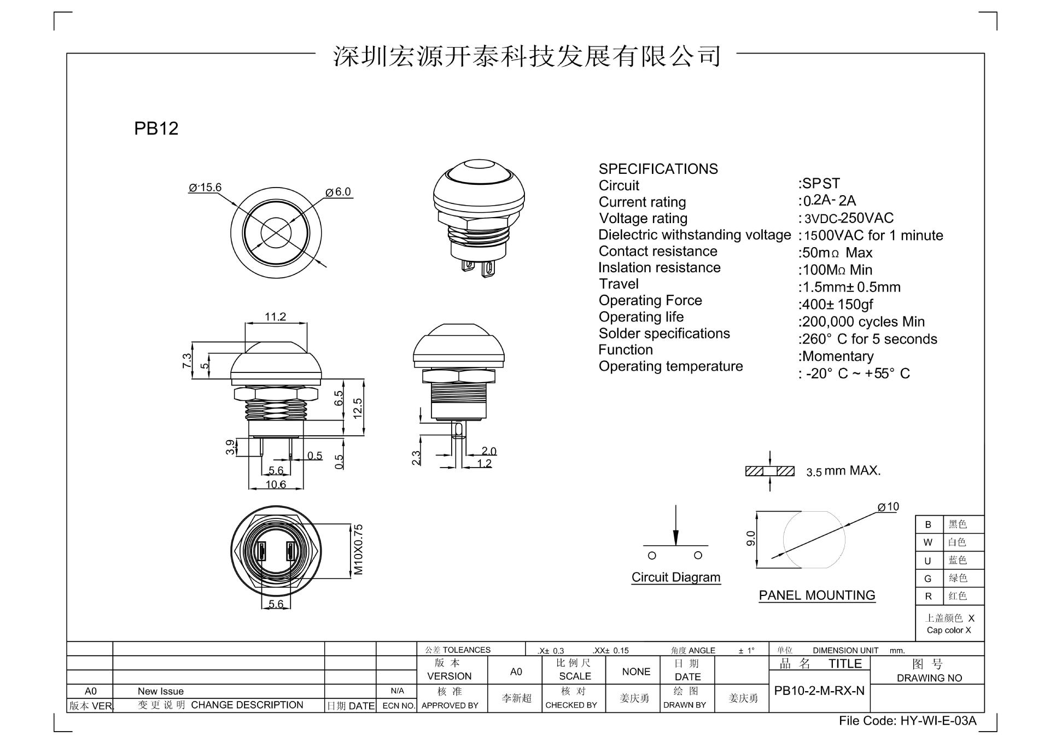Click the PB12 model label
click(156, 128)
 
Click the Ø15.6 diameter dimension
click(205, 188)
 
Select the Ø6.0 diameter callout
click(338, 192)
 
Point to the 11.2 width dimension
click(275, 317)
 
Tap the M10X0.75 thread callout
click(358, 550)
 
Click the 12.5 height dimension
click(357, 408)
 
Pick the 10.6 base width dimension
click(276, 484)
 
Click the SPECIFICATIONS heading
click(658, 169)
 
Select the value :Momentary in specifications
click(837, 357)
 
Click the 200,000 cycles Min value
click(862, 322)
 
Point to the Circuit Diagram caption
click(675, 577)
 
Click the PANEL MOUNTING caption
click(816, 595)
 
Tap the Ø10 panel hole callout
click(888, 507)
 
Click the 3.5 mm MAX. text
click(843, 471)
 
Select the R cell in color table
click(928, 596)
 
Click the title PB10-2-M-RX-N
click(819, 691)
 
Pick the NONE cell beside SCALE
click(636, 671)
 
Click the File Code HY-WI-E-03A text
click(907, 721)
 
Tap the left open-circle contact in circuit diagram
click(652, 556)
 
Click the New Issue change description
click(160, 691)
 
